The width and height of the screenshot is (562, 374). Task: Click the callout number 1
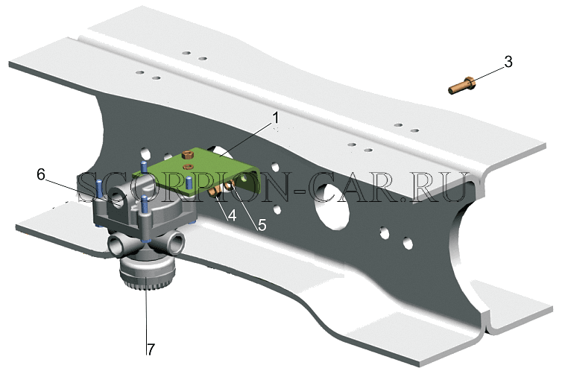(x=275, y=118)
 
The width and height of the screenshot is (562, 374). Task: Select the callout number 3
(x=508, y=62)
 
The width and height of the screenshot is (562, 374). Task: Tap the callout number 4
(x=232, y=215)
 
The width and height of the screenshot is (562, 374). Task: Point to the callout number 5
(x=262, y=225)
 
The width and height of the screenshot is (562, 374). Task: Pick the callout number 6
(x=41, y=175)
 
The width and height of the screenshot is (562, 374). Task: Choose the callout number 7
(x=150, y=349)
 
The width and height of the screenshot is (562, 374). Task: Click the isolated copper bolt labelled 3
(x=462, y=86)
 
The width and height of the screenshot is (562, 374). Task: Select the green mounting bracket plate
(x=196, y=171)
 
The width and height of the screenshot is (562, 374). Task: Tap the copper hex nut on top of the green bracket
(x=187, y=155)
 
